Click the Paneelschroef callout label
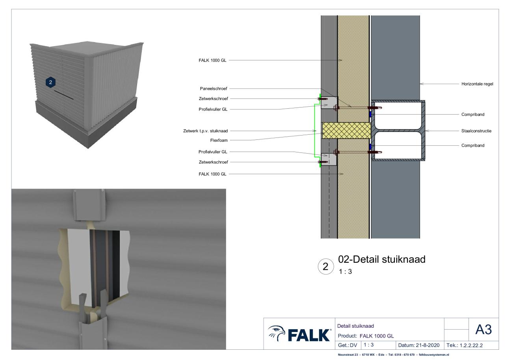click(x=214, y=89)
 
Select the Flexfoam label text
click(x=219, y=140)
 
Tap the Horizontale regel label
click(x=477, y=84)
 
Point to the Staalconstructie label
click(x=476, y=131)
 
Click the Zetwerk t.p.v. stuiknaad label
click(x=205, y=131)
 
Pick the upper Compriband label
click(x=473, y=115)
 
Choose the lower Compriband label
click(x=473, y=145)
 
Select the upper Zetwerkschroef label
click(x=213, y=98)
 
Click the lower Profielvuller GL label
click(x=213, y=152)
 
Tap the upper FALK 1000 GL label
click(x=212, y=60)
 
